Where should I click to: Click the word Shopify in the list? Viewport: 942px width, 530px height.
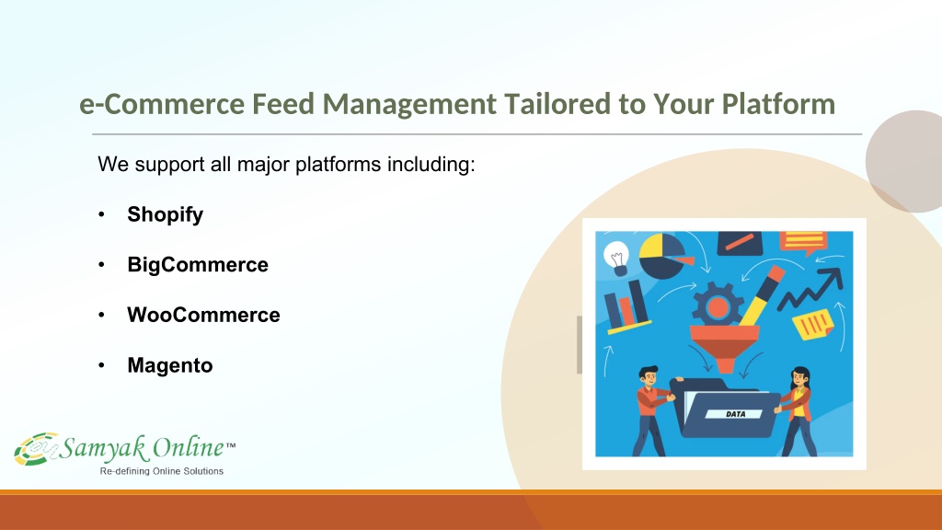coord(166,215)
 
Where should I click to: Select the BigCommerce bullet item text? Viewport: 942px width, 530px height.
coord(198,265)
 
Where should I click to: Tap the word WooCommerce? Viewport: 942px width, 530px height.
coord(203,315)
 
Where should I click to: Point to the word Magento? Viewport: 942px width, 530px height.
coord(170,365)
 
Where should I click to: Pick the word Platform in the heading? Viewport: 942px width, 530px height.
coord(778,104)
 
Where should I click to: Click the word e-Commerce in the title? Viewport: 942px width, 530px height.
coord(162,104)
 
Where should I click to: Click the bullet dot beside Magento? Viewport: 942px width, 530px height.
coord(101,364)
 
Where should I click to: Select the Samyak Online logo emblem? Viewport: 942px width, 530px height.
coord(37,448)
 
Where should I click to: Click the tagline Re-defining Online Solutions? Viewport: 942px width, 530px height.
coord(162,471)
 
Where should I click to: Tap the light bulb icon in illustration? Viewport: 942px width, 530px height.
coord(616,259)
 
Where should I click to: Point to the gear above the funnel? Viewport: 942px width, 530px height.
coord(718,305)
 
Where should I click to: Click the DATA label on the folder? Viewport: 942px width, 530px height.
coord(735,414)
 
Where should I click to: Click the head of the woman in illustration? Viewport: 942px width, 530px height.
coord(800,378)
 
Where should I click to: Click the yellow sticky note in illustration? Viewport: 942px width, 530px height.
coord(813,325)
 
